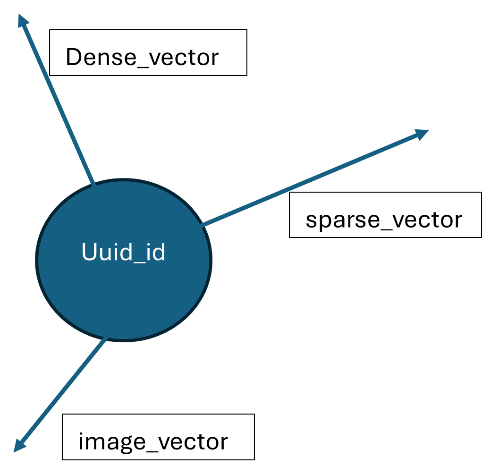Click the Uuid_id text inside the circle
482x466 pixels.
click(x=123, y=253)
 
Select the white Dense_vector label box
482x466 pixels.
click(x=148, y=52)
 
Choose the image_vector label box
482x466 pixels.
click(x=158, y=437)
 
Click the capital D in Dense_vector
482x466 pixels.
click(x=74, y=58)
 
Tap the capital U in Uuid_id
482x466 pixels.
click(x=89, y=252)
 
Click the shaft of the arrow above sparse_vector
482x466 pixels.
click(x=312, y=180)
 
